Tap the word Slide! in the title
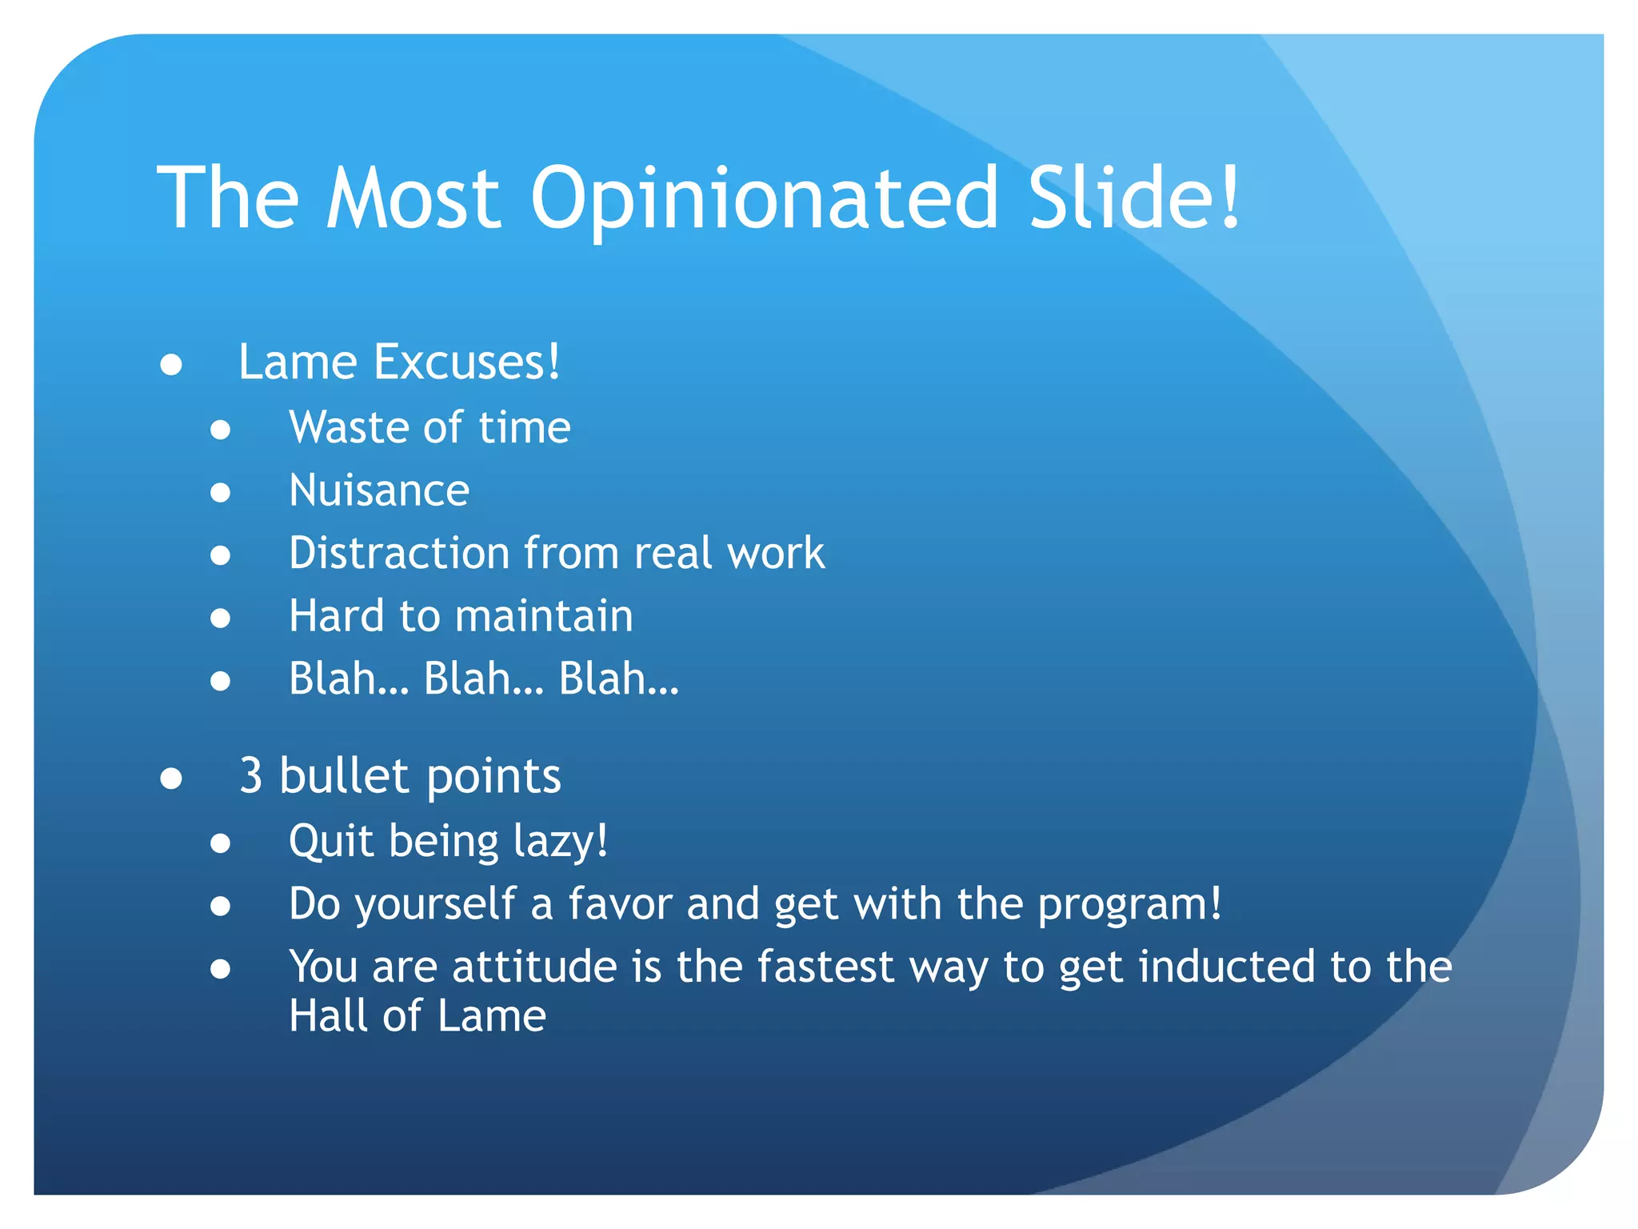tap(1133, 197)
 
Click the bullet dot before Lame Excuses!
tap(171, 365)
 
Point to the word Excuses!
tap(467, 362)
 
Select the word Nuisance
tap(379, 490)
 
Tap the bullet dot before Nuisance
tap(221, 492)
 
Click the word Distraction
tap(399, 553)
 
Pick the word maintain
tap(544, 616)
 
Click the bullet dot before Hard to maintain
tap(221, 618)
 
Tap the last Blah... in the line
tap(618, 679)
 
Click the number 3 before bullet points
tap(251, 776)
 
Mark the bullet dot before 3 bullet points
tap(171, 778)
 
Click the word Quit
tap(331, 842)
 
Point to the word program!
tap(1129, 905)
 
